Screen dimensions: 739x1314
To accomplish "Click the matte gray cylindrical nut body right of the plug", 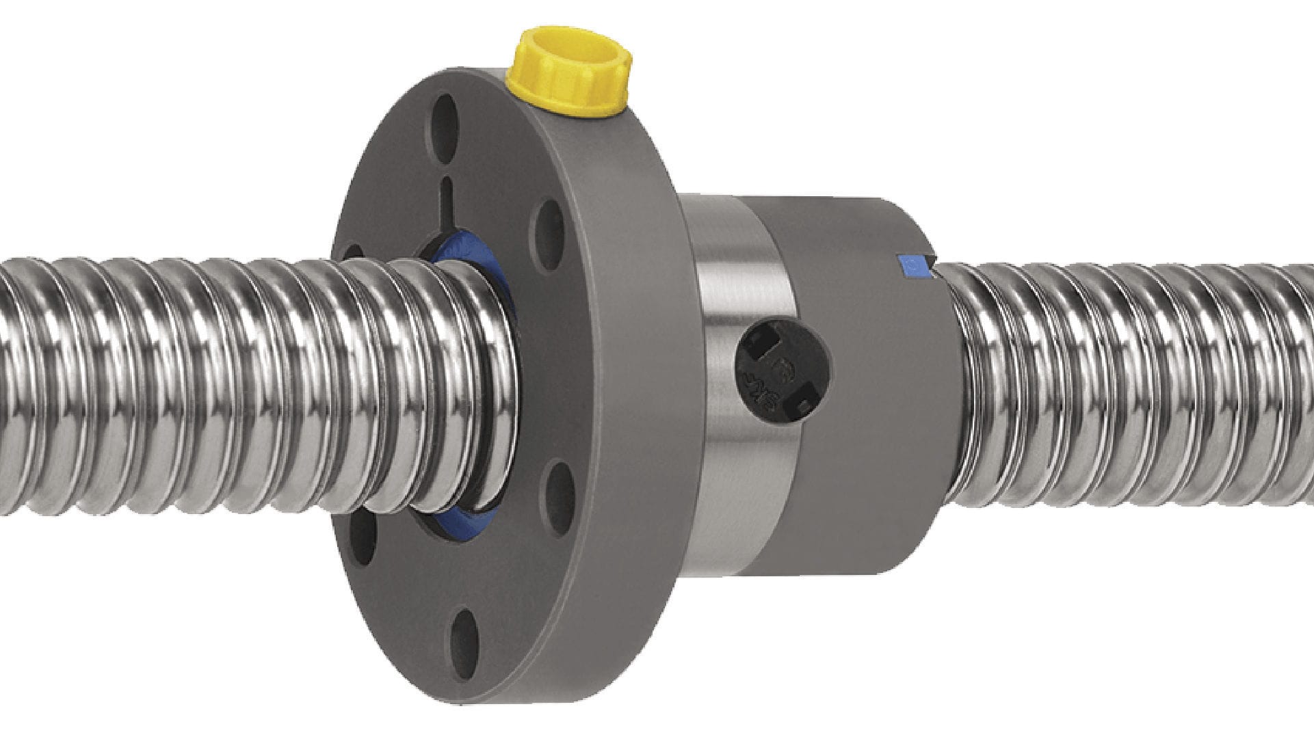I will (882, 410).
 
